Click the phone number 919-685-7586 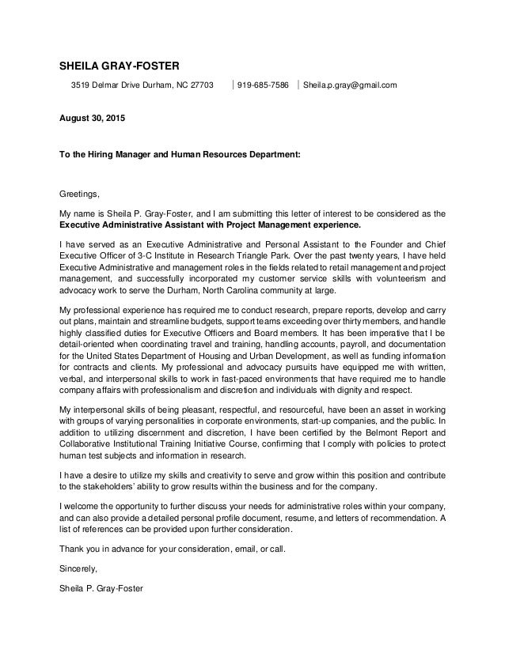[x=263, y=85]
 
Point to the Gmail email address [x=344, y=85]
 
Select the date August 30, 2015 [x=92, y=118]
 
